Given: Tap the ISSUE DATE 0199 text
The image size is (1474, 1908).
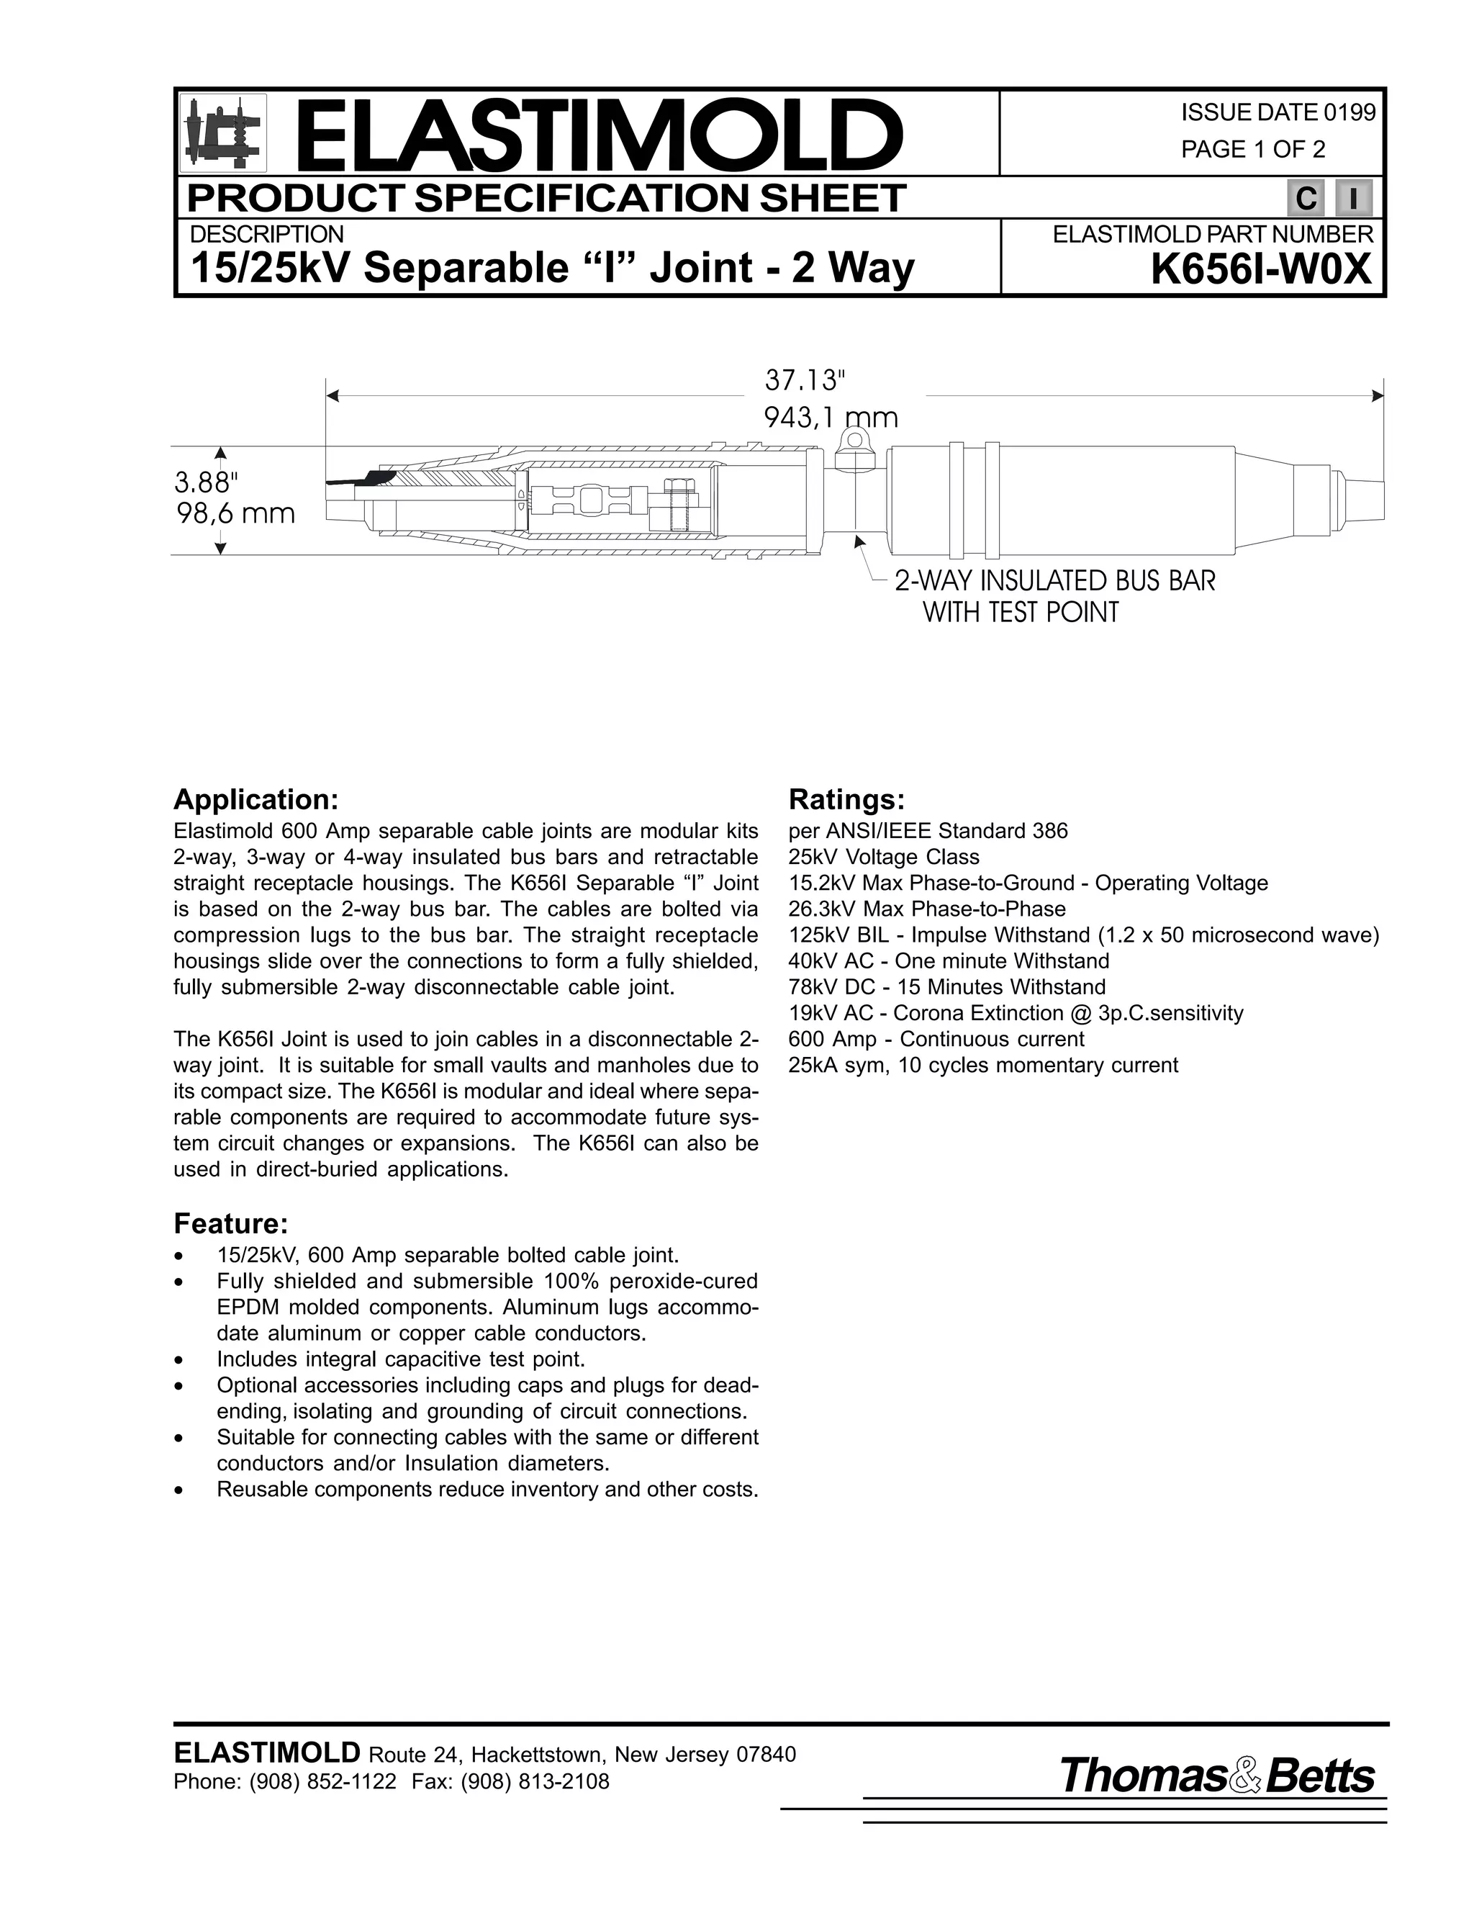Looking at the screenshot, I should click(x=1278, y=113).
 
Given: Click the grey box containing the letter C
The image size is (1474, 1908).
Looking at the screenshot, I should click(x=1306, y=199).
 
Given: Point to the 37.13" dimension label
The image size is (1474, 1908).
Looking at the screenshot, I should click(x=805, y=381).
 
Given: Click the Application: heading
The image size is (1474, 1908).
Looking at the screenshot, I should click(x=255, y=799).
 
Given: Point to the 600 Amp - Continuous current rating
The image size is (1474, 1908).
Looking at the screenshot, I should click(x=936, y=1039).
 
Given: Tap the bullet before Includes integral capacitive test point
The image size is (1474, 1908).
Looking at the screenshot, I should click(x=179, y=1361).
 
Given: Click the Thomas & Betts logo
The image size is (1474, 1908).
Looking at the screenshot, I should click(x=1216, y=1777).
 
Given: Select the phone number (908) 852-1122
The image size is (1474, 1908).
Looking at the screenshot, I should click(x=322, y=1782).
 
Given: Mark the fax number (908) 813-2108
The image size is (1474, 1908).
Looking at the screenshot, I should click(x=535, y=1782).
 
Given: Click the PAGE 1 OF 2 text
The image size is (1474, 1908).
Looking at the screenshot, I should click(x=1252, y=150).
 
